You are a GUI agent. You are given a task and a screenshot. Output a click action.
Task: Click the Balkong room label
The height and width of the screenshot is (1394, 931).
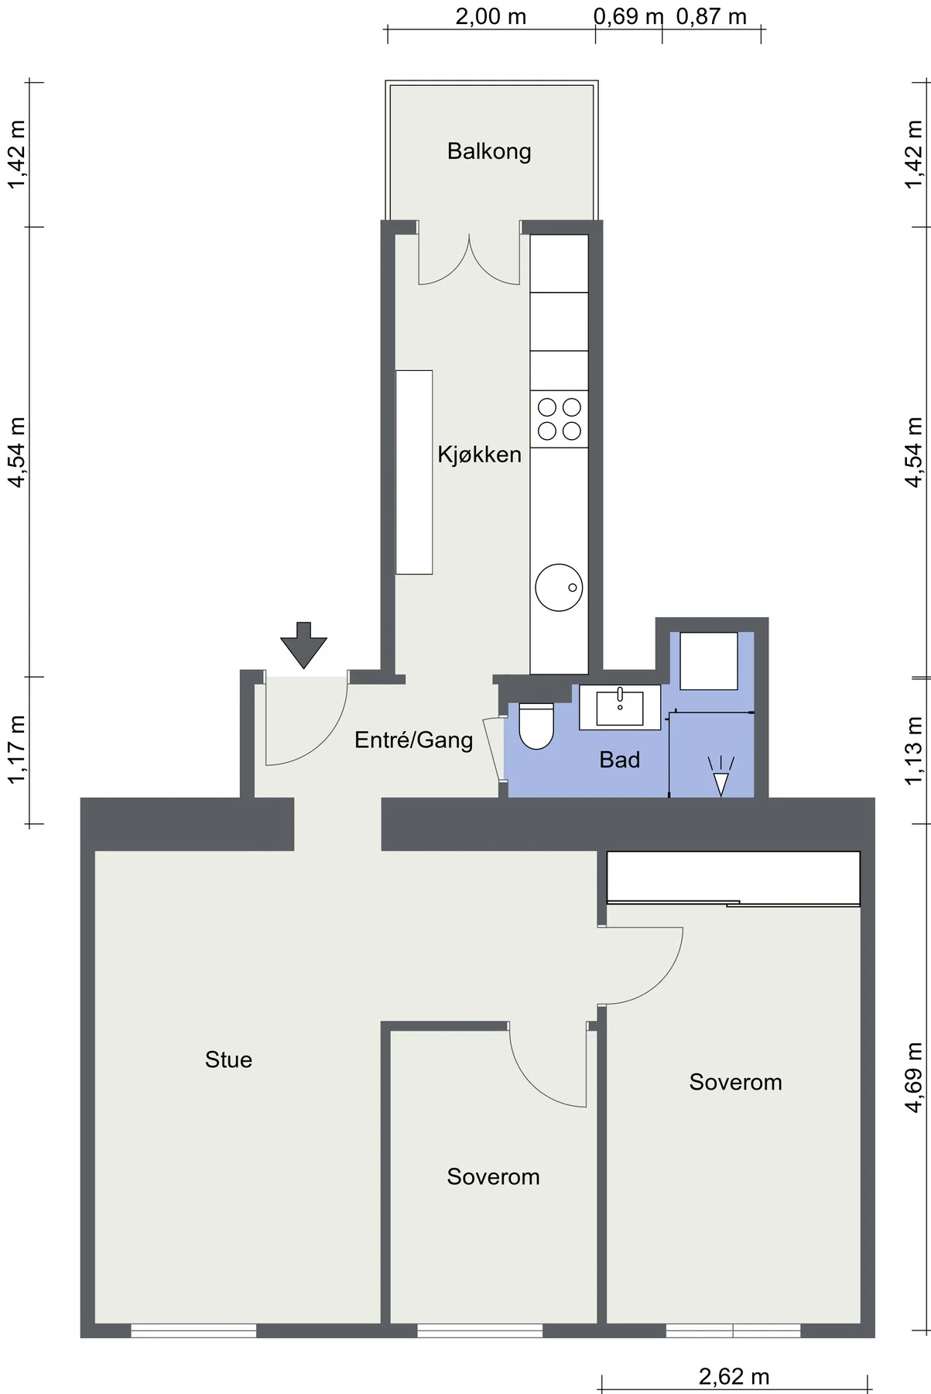click(489, 151)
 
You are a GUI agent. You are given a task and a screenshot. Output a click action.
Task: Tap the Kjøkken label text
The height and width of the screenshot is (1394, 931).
click(479, 454)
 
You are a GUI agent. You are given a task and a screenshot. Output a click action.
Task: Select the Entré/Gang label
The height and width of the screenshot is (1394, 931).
click(413, 740)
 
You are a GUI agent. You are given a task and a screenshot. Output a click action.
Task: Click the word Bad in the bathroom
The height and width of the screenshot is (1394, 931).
click(620, 760)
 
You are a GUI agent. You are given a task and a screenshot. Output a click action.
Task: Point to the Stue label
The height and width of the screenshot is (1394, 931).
click(228, 1059)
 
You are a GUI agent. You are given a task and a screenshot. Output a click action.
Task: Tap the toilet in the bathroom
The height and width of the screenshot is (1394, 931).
click(536, 726)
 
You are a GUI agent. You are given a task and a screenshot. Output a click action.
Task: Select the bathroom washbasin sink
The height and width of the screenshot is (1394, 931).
click(620, 707)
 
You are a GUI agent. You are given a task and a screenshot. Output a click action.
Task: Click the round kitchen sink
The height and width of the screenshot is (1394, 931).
click(559, 588)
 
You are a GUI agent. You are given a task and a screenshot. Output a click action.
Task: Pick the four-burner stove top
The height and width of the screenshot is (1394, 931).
click(559, 419)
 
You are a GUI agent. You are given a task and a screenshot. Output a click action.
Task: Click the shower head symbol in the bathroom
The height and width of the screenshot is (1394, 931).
click(720, 777)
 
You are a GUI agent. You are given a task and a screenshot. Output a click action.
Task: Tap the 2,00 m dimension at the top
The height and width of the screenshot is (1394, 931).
click(491, 16)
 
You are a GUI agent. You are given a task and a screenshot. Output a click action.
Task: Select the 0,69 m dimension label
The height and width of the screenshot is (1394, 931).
click(628, 16)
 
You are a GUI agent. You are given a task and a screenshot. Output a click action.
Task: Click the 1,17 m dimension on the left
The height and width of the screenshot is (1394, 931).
click(16, 750)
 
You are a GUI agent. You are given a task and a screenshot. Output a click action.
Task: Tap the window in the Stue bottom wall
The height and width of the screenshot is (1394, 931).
click(193, 1330)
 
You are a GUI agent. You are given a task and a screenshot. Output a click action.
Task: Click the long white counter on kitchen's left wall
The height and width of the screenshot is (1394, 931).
click(414, 472)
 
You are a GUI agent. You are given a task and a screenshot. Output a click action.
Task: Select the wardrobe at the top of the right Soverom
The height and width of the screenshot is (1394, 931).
click(734, 877)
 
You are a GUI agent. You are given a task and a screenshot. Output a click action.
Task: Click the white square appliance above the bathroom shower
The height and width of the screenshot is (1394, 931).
click(709, 661)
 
